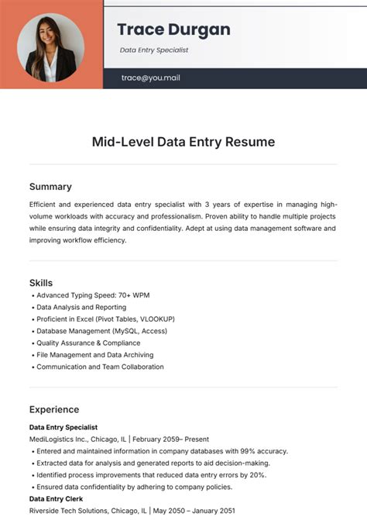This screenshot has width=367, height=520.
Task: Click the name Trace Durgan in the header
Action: point(173,29)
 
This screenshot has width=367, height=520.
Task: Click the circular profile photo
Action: point(51,48)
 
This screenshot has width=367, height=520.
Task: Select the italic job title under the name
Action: point(154,50)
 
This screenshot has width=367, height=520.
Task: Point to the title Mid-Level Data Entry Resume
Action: point(183,142)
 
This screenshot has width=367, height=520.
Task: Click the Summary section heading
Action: point(50,187)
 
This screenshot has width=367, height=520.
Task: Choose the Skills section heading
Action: point(41,283)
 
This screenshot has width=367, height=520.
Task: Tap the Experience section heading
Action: point(54,409)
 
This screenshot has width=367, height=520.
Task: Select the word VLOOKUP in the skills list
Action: point(155,319)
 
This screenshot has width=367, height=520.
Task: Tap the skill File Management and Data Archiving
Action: point(94,355)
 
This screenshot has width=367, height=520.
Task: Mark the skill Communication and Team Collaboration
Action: point(100,367)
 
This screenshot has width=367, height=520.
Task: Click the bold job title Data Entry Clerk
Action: point(56,499)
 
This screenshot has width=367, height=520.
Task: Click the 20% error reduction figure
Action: point(257,475)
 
